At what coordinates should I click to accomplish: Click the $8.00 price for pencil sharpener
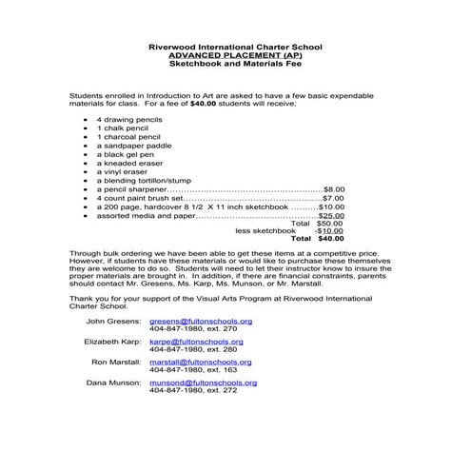334,188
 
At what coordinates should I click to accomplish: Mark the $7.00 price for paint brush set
332,197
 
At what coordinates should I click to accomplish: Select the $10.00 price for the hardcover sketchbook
331,206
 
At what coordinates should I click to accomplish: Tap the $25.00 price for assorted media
331,215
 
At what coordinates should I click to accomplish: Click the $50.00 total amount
330,223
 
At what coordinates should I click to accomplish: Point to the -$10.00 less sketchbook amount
329,230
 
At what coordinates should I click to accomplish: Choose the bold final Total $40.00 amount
330,239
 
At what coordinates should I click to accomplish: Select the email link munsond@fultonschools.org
203,383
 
